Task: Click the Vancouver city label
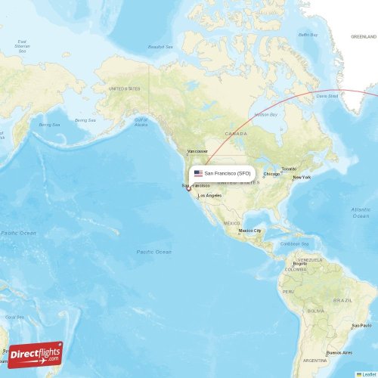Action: [x=197, y=151]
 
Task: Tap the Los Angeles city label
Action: [x=210, y=196]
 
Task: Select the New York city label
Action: [x=302, y=178]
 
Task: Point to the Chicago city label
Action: [x=271, y=174]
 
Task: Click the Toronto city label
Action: [x=289, y=169]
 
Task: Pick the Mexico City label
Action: [x=251, y=231]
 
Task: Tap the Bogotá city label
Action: [x=300, y=263]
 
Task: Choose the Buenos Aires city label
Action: [x=339, y=353]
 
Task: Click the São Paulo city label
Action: [x=361, y=326]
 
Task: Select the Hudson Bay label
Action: [x=265, y=114]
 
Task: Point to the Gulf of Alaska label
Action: [x=141, y=122]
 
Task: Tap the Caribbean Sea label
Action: [x=295, y=244]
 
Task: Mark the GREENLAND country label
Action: [x=363, y=36]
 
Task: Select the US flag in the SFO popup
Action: [x=198, y=173]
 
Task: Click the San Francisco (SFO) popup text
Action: [x=228, y=173]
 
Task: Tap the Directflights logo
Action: [x=35, y=353]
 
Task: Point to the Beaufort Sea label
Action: [x=160, y=47]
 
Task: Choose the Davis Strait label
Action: [x=327, y=96]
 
